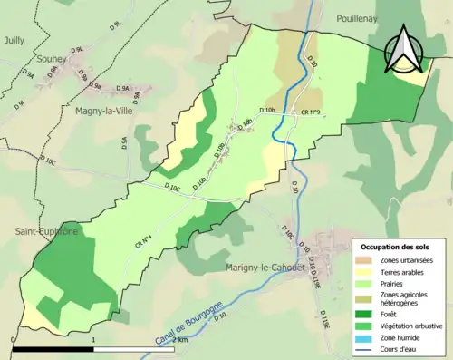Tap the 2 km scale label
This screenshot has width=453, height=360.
(182, 339)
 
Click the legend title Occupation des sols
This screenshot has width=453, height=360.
(397, 247)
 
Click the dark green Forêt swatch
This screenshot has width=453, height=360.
(366, 315)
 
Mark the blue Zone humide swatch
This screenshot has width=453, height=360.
(366, 336)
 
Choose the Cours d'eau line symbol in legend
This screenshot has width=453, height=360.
(366, 348)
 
